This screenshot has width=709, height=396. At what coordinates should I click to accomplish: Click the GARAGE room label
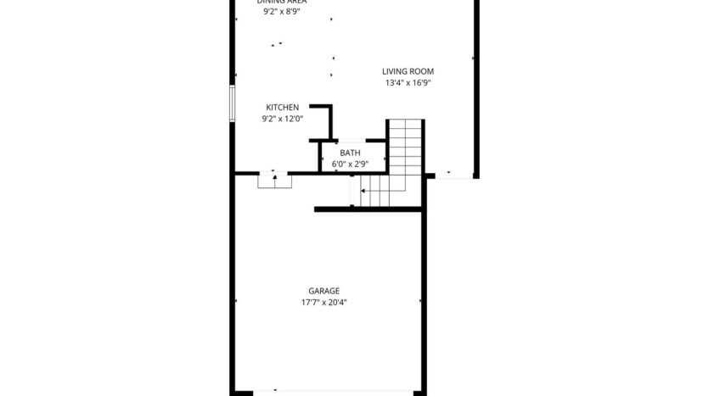pos(324,291)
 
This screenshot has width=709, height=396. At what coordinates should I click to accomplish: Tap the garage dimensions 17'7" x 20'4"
pos(324,302)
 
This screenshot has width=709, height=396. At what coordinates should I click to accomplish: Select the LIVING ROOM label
pos(408,71)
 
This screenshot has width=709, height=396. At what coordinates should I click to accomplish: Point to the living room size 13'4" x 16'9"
pos(408,83)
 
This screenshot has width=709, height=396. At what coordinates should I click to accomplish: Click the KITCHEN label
pos(282,108)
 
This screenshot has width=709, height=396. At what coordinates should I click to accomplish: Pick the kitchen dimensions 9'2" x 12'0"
pos(282,120)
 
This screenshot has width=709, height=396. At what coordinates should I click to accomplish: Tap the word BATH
pos(350,153)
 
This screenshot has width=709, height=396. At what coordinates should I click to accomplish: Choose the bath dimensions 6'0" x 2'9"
pos(350,163)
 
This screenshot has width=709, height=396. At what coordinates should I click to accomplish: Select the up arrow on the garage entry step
pos(274,178)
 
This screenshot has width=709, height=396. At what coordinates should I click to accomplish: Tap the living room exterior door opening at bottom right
pos(453,176)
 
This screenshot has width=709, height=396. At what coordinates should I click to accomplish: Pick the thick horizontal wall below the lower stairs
pos(369,209)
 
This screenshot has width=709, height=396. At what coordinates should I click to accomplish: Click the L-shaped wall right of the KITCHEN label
pos(325,118)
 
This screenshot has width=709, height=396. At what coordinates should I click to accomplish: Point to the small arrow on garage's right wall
pos(419,300)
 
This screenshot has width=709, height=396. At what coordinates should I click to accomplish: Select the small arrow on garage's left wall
pos(237,300)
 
